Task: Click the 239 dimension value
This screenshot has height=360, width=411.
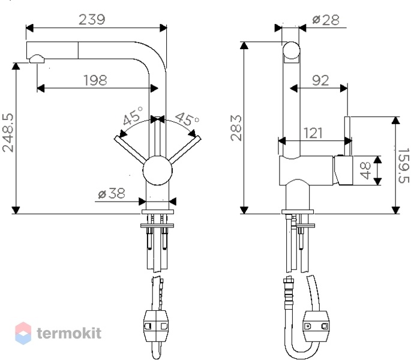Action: (92, 20)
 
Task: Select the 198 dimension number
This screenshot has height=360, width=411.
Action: (95, 80)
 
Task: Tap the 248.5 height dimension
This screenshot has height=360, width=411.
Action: (8, 133)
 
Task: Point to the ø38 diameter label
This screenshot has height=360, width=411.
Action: (112, 194)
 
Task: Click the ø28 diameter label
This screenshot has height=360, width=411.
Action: (326, 20)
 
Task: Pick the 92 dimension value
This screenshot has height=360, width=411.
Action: (320, 80)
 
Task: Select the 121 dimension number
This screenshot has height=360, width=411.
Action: (313, 133)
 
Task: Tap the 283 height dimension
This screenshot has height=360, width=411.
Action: (236, 128)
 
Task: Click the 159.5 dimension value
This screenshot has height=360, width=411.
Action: (403, 166)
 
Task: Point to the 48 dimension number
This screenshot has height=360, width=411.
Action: (365, 170)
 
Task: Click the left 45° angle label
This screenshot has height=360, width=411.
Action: (133, 116)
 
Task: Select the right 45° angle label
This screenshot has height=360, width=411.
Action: (187, 119)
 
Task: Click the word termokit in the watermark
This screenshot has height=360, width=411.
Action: (69, 333)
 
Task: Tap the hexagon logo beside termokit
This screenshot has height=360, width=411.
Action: (23, 333)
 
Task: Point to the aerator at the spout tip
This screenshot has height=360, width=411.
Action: (37, 59)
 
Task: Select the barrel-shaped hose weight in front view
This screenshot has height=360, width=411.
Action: (156, 326)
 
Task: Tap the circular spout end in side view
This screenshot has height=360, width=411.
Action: (291, 50)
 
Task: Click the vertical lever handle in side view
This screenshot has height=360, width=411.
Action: (347, 136)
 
